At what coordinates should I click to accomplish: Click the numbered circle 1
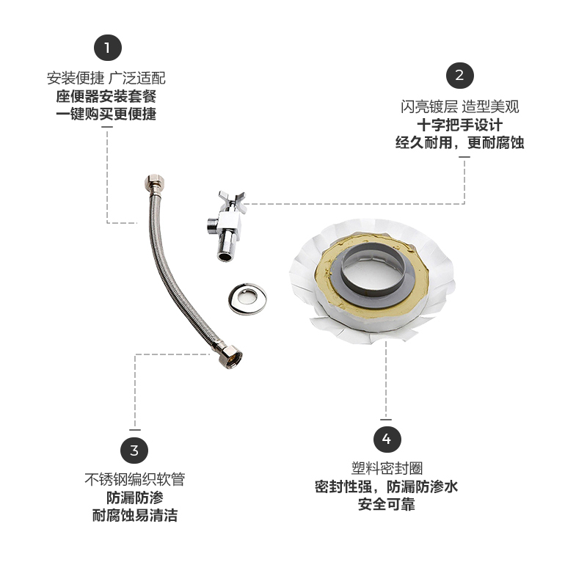tap(107, 48)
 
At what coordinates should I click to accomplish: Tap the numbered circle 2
tap(460, 75)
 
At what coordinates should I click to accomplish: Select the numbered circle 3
tap(134, 450)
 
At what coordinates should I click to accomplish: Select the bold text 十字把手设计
tap(460, 125)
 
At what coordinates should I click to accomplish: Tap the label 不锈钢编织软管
tap(134, 480)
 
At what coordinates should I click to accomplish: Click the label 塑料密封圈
tap(387, 469)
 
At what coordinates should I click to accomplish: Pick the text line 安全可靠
tap(387, 505)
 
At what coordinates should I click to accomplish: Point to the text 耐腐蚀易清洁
tap(134, 516)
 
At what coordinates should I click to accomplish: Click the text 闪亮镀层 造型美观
tap(460, 107)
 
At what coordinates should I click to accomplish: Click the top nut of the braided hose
tap(156, 181)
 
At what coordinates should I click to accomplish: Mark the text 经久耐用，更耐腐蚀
tap(460, 143)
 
